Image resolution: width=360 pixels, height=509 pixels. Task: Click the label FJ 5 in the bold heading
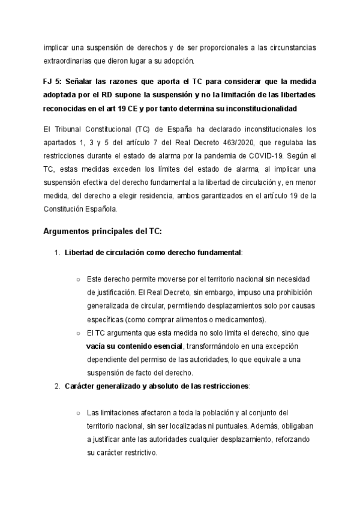point(52,81)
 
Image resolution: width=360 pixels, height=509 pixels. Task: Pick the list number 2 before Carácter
point(57,386)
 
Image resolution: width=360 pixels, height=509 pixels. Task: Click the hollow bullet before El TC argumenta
point(79,333)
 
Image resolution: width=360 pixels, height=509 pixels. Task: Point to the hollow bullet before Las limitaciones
point(79,412)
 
